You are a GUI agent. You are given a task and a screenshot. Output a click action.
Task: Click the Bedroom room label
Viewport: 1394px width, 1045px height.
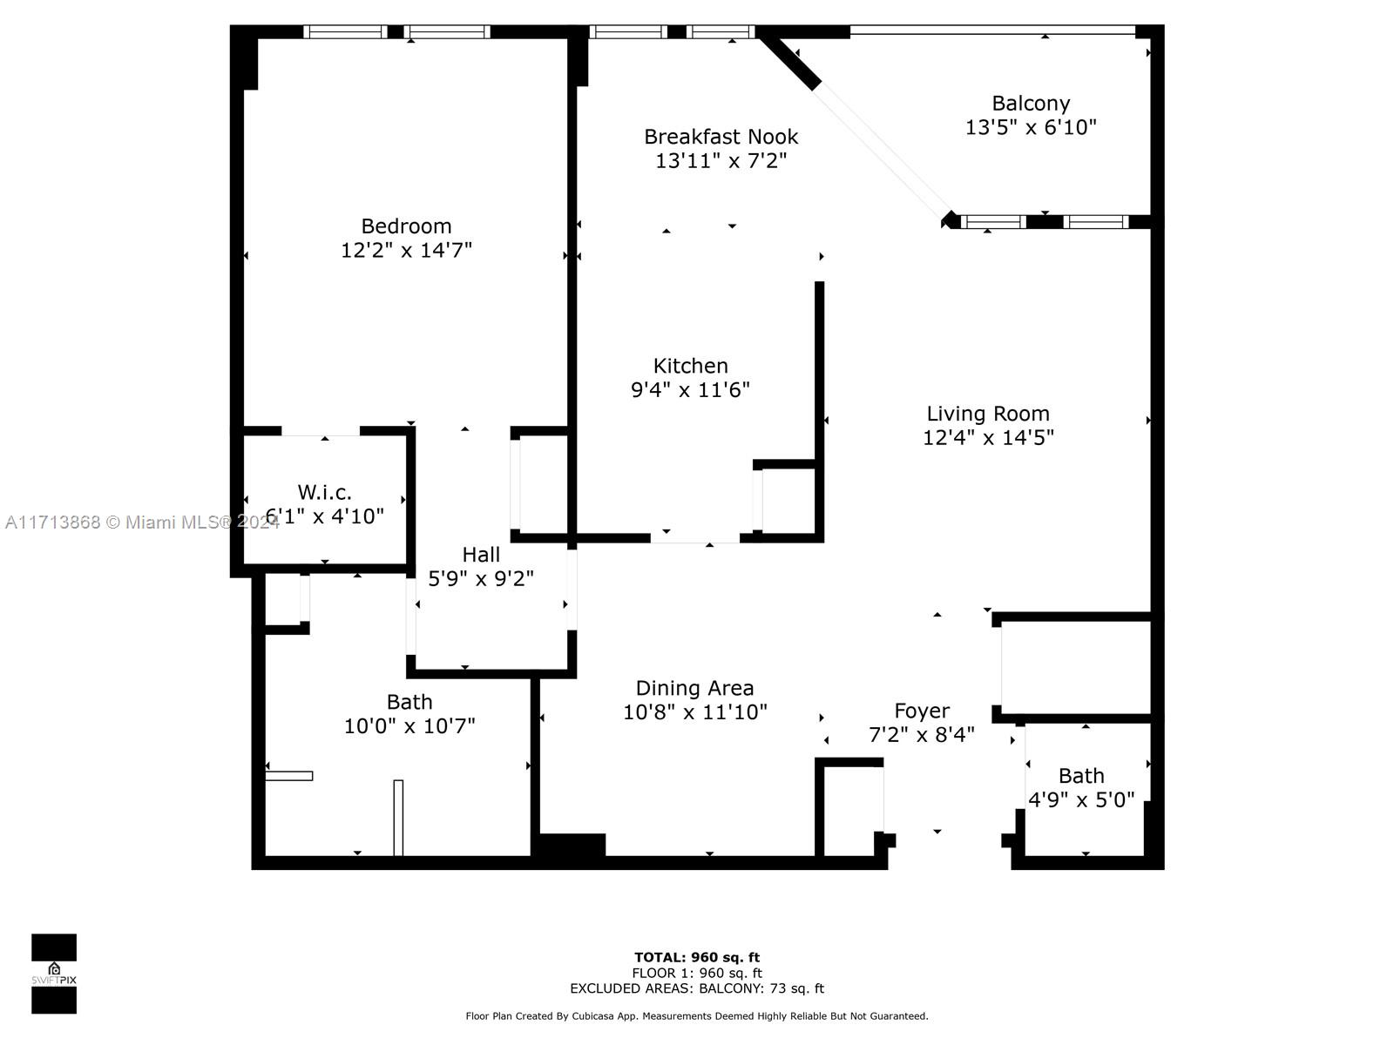click(x=406, y=226)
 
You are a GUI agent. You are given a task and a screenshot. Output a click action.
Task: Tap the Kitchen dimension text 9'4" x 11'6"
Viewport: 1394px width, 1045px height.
click(x=690, y=389)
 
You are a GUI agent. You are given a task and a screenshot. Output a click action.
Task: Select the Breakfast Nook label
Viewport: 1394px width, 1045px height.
click(x=721, y=137)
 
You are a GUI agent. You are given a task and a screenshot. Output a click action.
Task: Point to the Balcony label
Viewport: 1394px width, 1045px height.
click(x=1031, y=104)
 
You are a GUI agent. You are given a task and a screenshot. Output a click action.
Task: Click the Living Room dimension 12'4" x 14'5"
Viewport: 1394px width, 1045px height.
click(x=988, y=437)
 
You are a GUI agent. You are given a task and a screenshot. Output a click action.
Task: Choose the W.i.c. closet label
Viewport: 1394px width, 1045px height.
click(x=324, y=492)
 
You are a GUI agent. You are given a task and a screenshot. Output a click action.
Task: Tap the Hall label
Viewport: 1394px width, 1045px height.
click(x=481, y=555)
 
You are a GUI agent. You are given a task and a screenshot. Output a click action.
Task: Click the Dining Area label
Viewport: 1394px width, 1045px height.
click(x=694, y=688)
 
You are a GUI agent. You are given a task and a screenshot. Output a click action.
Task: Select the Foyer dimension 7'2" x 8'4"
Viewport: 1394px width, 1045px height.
click(x=922, y=735)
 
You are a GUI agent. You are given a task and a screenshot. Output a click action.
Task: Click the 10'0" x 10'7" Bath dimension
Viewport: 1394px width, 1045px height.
click(x=409, y=726)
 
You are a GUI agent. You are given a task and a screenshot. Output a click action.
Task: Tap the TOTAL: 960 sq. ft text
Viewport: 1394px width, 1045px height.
click(x=697, y=957)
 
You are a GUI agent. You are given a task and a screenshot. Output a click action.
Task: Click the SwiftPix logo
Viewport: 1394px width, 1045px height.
click(x=54, y=974)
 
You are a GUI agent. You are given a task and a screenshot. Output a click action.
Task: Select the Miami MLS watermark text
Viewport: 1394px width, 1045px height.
click(x=142, y=522)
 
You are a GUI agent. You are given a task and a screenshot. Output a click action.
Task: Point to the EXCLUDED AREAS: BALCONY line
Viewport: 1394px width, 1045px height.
click(x=697, y=988)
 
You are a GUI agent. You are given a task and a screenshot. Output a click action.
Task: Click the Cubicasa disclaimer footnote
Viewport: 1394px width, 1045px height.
click(x=697, y=1015)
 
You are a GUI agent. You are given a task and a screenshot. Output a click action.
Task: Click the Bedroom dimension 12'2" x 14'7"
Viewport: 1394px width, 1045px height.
click(x=407, y=250)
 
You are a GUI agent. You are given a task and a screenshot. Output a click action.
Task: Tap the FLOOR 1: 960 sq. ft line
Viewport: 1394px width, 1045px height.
click(x=697, y=974)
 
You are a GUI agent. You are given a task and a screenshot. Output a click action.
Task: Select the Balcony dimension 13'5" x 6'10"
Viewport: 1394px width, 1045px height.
click(x=1031, y=127)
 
